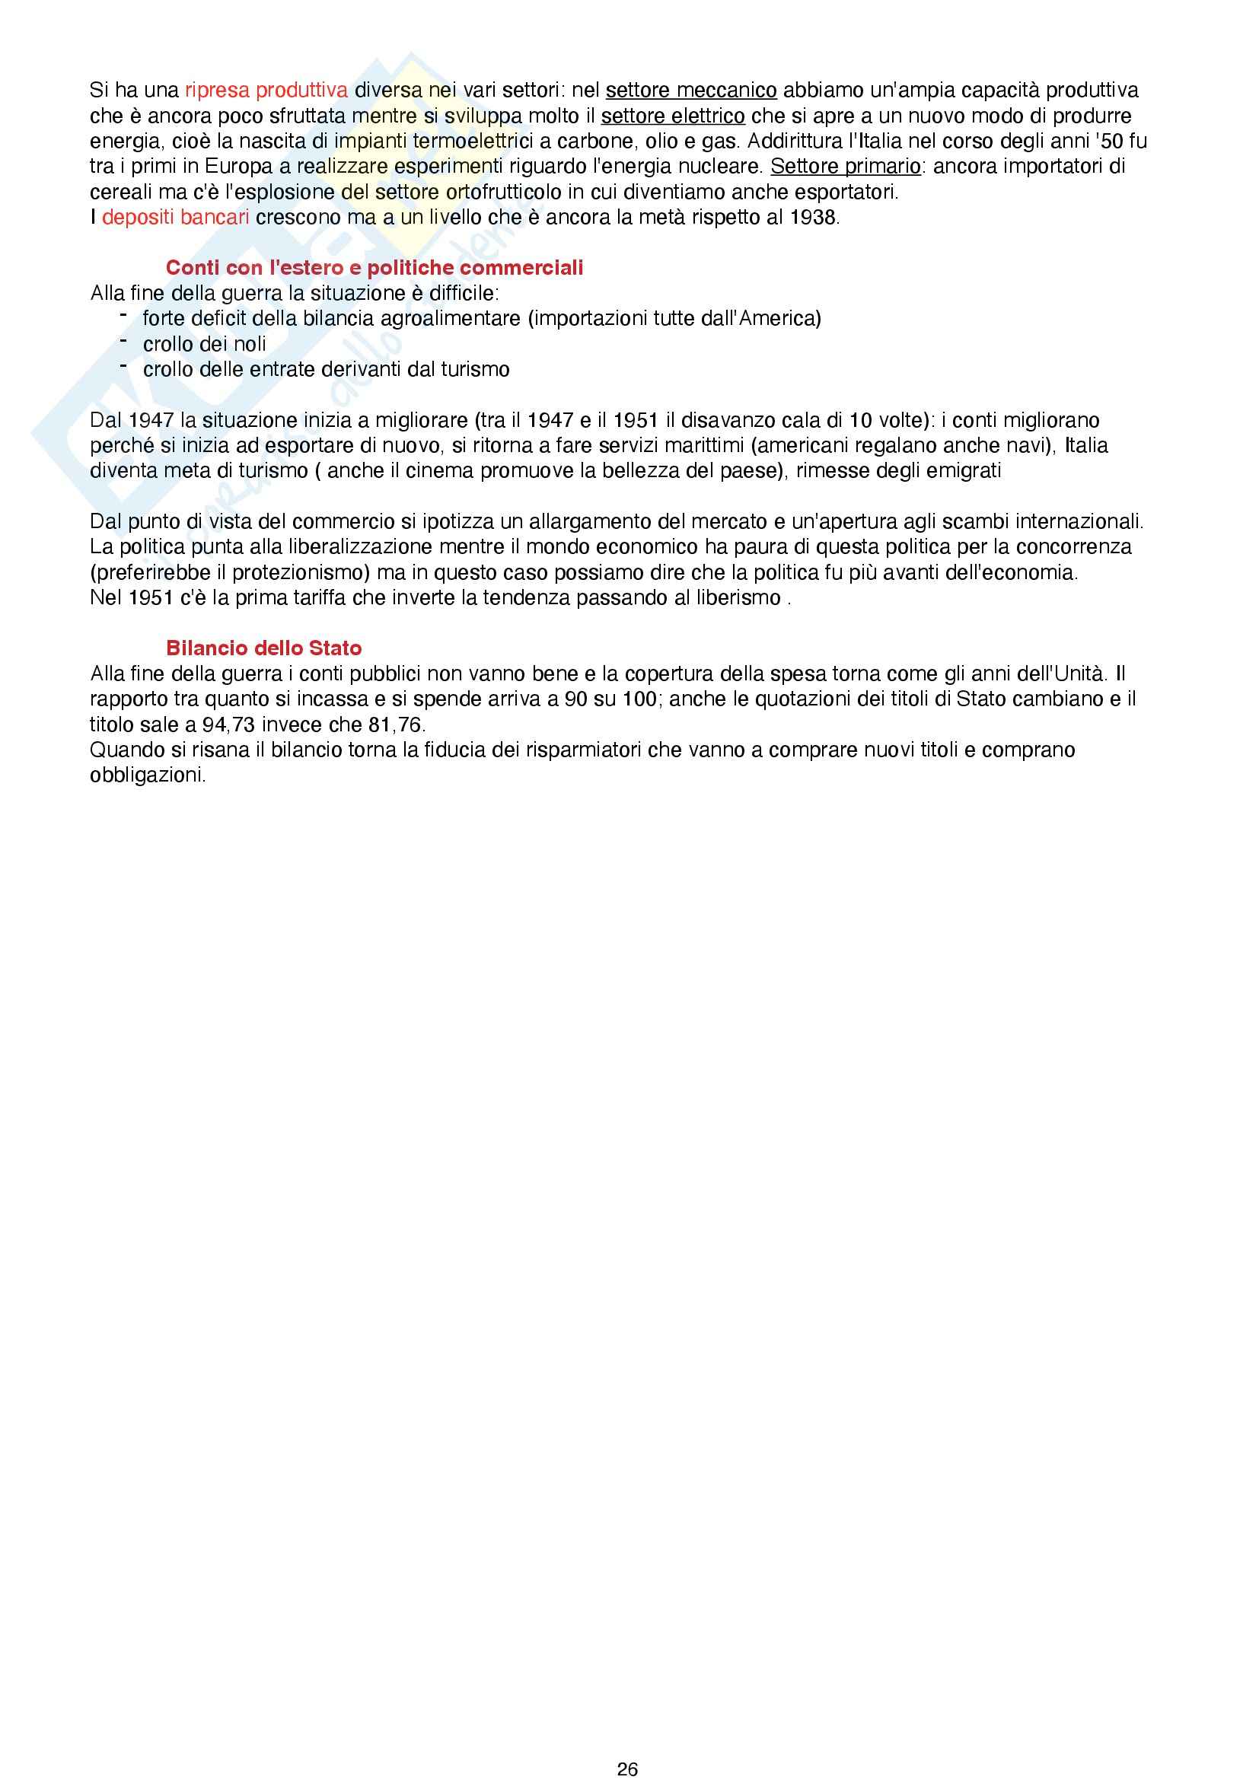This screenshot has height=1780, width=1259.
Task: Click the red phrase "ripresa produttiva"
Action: (266, 91)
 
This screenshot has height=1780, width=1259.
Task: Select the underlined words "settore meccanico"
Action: (690, 91)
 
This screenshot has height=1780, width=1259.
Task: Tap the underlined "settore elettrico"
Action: (672, 116)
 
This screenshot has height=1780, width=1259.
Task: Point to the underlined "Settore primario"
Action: (845, 167)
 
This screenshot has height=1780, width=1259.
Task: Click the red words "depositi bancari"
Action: (175, 218)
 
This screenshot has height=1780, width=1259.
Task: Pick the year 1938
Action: (812, 218)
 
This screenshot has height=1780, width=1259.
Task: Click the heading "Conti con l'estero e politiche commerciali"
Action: (375, 268)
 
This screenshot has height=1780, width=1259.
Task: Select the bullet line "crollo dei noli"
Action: (204, 344)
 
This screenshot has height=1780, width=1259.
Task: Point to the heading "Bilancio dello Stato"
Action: (263, 649)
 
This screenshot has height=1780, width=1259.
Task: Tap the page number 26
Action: (627, 1769)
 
